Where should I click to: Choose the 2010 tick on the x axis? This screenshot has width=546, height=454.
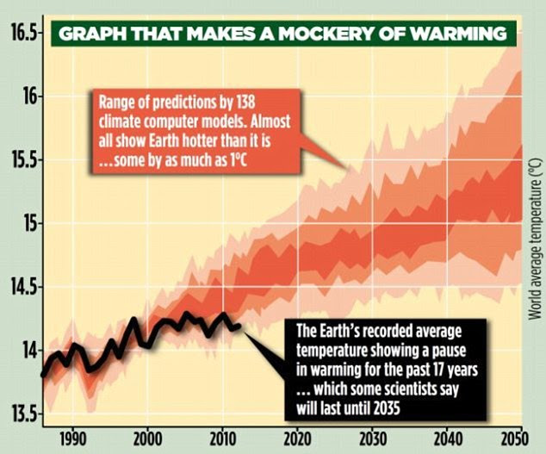[223, 437]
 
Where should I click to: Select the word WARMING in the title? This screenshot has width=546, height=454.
[466, 34]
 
